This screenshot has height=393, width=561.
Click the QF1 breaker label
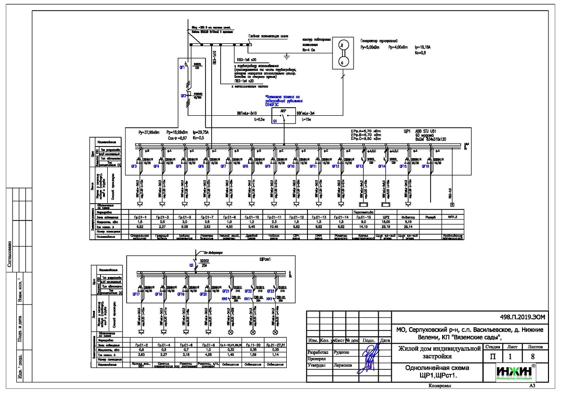[x=182, y=68]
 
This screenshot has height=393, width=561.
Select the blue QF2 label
[x=183, y=96]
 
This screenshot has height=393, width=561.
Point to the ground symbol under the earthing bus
[x=286, y=58]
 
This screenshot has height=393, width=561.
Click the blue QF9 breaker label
[x=268, y=166]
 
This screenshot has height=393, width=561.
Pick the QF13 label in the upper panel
[x=359, y=166]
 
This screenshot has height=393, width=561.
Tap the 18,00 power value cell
[x=386, y=221]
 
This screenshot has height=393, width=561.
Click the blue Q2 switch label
[x=191, y=264]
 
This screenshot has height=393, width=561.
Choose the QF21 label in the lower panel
[x=226, y=291]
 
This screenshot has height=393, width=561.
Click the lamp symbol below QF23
[x=276, y=332]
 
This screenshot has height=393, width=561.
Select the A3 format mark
[x=532, y=385]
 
